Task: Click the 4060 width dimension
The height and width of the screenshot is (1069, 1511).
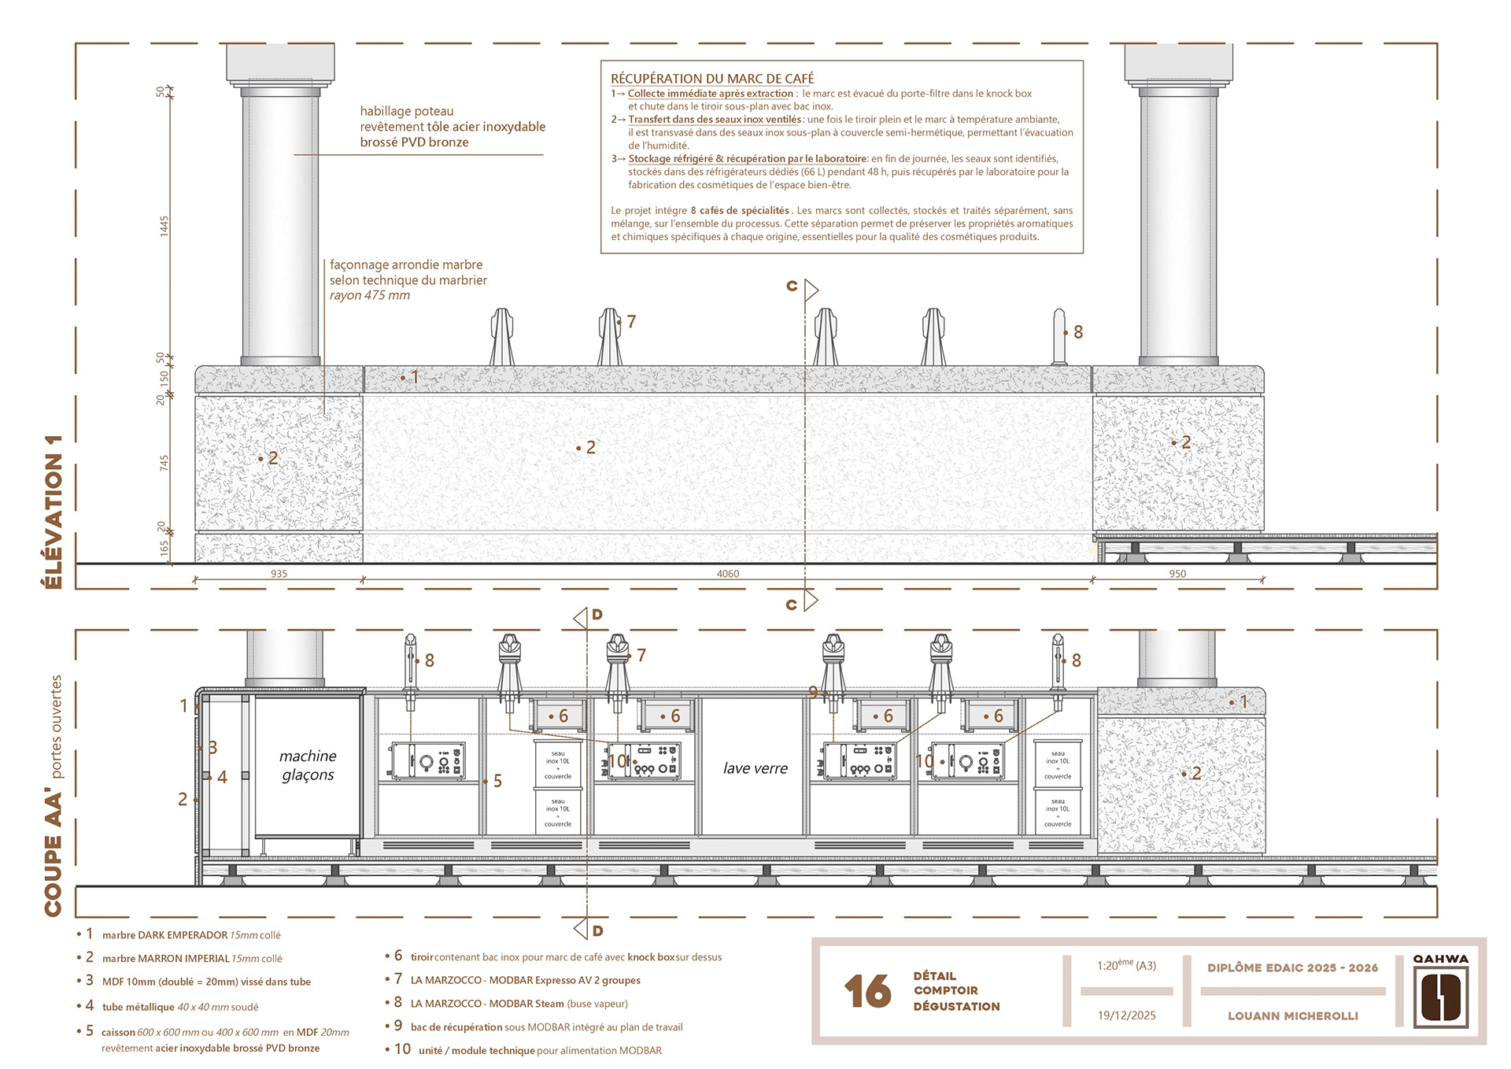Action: (x=727, y=574)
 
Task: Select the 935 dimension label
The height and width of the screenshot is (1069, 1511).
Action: (x=279, y=574)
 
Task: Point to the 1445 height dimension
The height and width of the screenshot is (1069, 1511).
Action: (x=164, y=226)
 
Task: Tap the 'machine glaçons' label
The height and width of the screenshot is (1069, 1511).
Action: (x=308, y=765)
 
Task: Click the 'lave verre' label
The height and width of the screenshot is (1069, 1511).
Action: (x=755, y=768)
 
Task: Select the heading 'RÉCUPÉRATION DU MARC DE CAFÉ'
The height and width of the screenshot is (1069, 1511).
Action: (x=712, y=79)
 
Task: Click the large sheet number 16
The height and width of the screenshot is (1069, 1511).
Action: (x=867, y=991)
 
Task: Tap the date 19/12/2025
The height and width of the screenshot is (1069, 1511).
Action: (x=1126, y=1015)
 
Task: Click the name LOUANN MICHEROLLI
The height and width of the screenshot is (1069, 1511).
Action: (x=1292, y=1016)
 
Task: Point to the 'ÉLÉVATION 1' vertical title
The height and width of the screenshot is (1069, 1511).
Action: (x=54, y=512)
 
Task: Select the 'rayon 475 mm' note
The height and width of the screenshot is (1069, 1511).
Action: (x=370, y=296)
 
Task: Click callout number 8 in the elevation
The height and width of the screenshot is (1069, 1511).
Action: (x=1077, y=333)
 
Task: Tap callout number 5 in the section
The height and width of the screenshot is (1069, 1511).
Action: (x=497, y=781)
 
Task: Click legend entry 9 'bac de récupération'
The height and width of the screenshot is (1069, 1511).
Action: (x=546, y=1027)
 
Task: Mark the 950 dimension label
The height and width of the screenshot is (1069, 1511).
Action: (x=1177, y=574)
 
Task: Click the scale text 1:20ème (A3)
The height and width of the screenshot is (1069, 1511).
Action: (x=1126, y=966)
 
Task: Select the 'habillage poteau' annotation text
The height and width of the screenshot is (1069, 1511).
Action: (x=406, y=112)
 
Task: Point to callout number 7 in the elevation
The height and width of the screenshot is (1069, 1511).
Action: (x=631, y=322)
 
